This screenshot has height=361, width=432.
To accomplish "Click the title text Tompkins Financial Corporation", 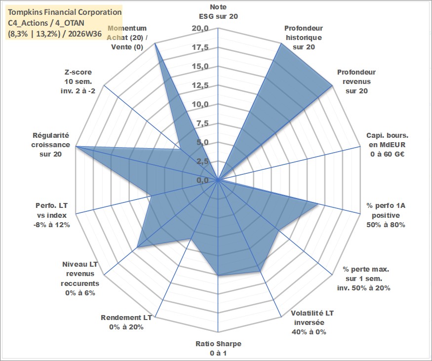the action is click(x=65, y=12).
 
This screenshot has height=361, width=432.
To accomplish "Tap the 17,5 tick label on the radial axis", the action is click(x=200, y=47).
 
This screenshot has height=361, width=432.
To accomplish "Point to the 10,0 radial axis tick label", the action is click(x=200, y=104).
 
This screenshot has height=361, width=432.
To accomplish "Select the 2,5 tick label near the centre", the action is click(x=202, y=161).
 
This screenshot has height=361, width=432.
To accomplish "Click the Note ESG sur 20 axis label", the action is click(x=218, y=11).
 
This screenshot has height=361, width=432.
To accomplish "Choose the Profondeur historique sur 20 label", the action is click(x=304, y=38).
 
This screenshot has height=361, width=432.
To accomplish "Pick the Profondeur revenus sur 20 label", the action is click(x=356, y=81).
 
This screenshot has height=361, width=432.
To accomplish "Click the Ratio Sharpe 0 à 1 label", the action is click(x=218, y=348).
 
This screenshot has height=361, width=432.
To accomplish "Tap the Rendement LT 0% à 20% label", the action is click(x=126, y=322).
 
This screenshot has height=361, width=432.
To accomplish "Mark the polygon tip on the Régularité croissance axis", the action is click(x=77, y=146).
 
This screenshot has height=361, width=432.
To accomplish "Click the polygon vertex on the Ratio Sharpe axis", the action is click(x=218, y=275).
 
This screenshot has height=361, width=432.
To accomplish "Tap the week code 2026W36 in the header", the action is click(x=85, y=34).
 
